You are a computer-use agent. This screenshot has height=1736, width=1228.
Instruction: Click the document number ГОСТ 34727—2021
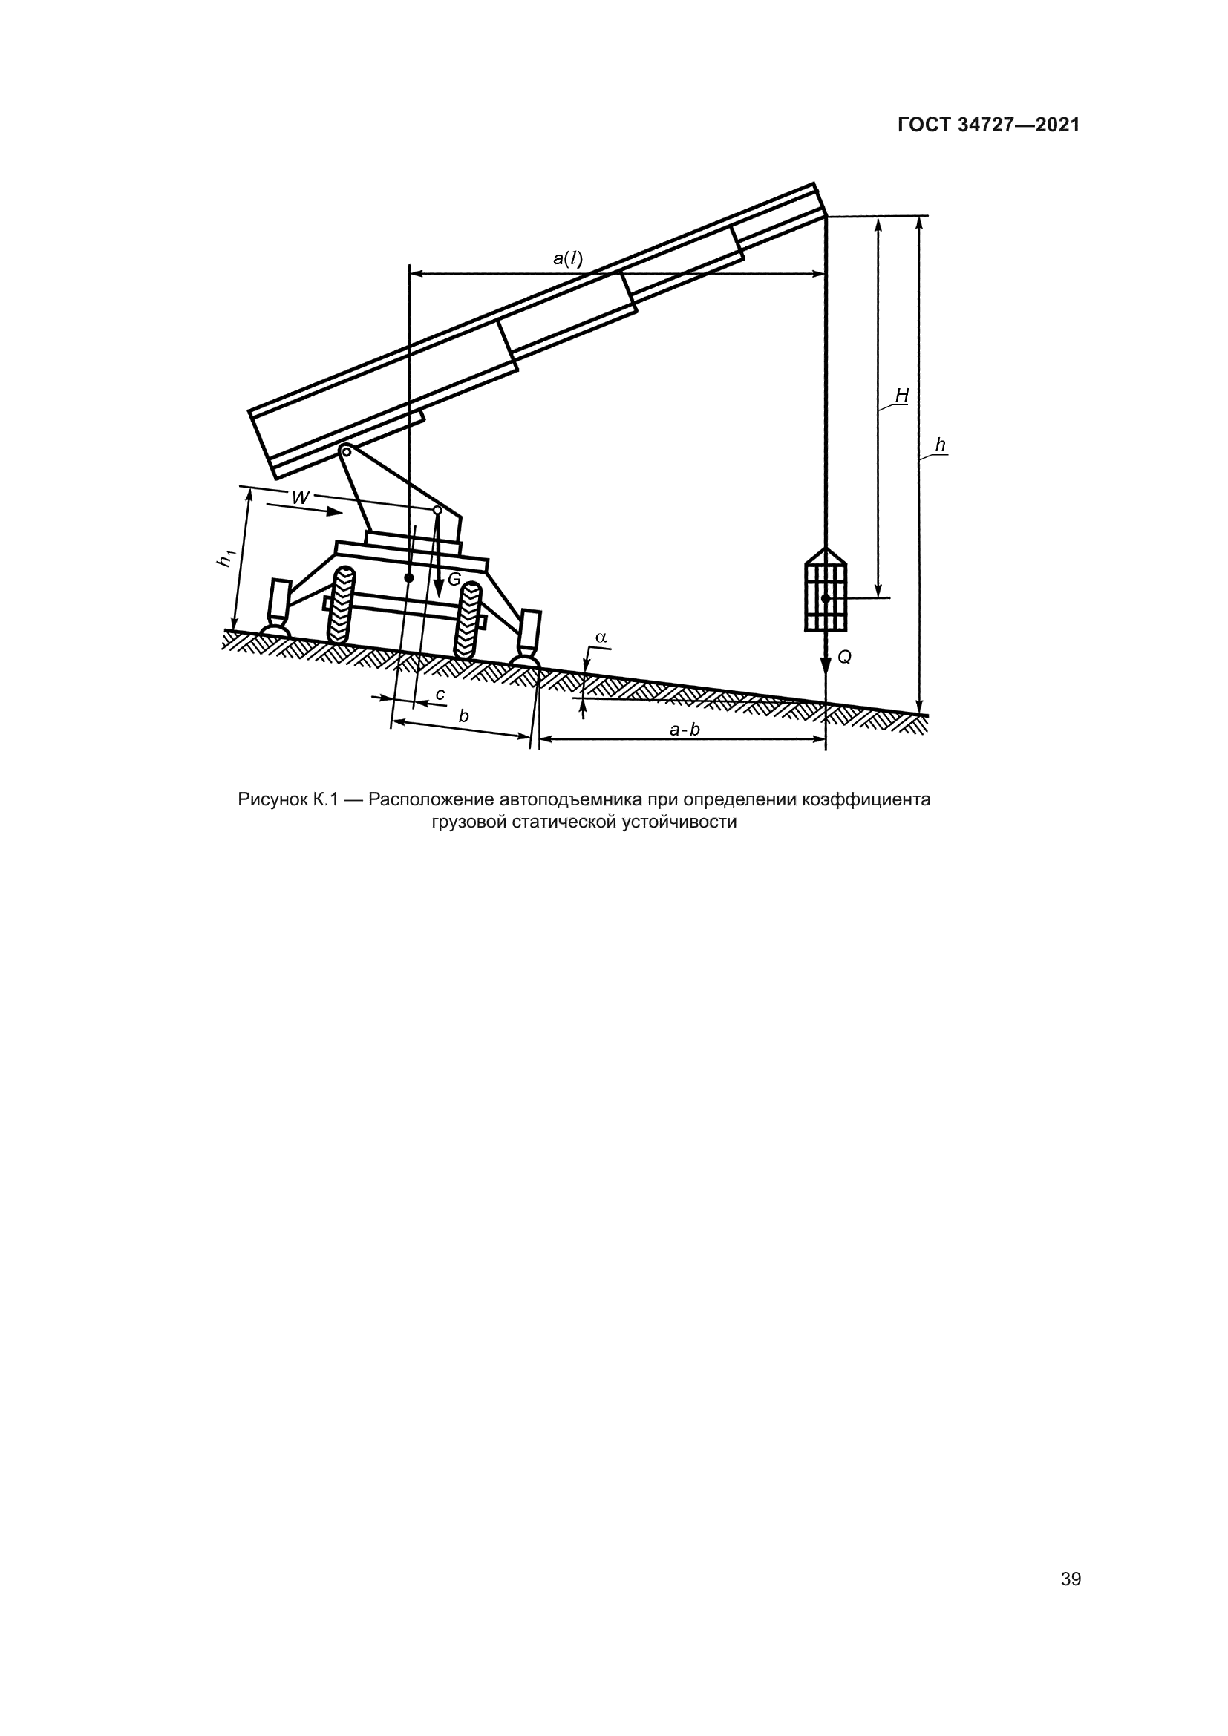coord(988,125)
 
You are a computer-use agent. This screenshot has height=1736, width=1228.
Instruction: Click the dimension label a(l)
coord(568,258)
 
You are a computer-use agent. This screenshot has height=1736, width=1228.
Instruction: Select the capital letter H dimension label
coord(901,396)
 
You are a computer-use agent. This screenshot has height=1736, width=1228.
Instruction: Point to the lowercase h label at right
coord(940,445)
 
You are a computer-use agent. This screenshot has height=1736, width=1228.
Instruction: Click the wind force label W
coord(300,497)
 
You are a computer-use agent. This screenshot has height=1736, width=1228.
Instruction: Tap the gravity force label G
coord(454,579)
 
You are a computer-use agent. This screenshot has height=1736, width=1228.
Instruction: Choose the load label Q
coord(845,658)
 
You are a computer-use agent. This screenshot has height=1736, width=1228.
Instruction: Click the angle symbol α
coord(601,638)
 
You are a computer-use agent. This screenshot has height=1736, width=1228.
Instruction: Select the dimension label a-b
coord(685,730)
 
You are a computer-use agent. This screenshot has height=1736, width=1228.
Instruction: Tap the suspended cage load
coord(826,592)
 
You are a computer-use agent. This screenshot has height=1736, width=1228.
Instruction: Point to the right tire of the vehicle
coord(468,620)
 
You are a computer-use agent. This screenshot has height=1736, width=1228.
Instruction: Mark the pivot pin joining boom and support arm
coord(344,451)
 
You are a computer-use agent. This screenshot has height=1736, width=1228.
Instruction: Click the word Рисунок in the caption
coord(272,800)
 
